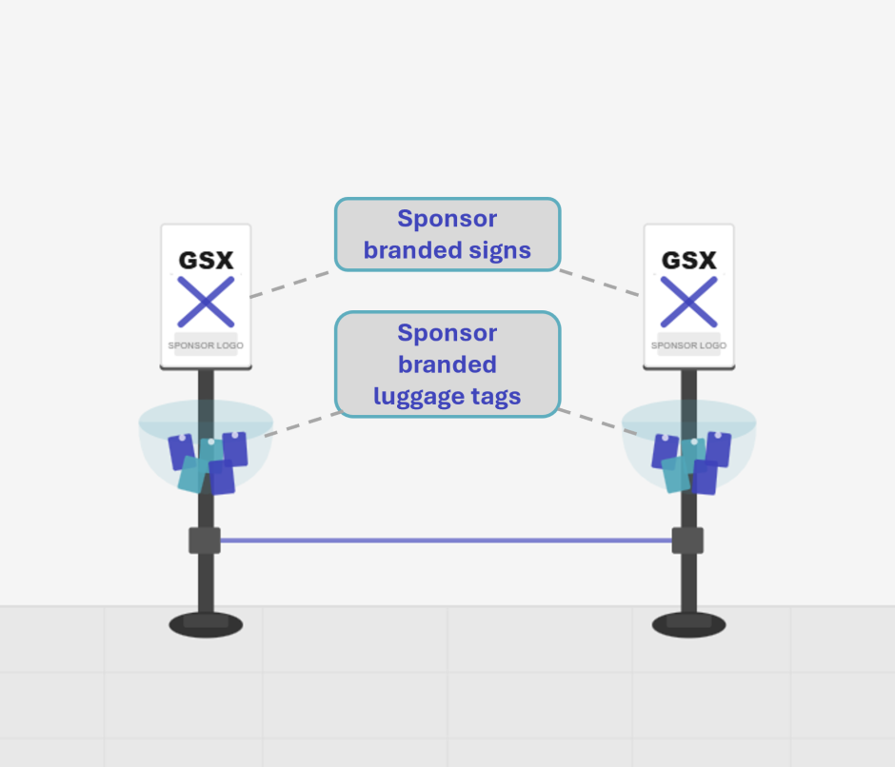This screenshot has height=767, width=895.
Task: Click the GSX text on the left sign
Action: click(x=206, y=260)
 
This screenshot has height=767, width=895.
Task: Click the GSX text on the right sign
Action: click(x=688, y=260)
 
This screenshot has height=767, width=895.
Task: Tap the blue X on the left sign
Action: click(x=206, y=302)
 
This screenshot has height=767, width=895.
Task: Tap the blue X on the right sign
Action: click(x=688, y=302)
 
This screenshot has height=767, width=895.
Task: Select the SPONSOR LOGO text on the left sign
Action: click(x=206, y=345)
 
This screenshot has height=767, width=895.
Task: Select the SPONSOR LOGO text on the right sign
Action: click(x=688, y=345)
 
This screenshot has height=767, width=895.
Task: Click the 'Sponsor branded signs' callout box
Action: click(x=447, y=234)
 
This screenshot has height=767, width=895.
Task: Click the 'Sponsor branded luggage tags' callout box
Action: click(x=447, y=364)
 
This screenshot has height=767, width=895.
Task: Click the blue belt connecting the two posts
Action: click(x=446, y=541)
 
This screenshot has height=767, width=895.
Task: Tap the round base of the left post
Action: click(x=206, y=624)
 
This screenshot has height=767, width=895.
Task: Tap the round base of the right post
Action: click(x=688, y=624)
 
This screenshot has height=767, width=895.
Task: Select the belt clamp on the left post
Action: click(x=205, y=541)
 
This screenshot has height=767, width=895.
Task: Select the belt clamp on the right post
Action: click(x=687, y=541)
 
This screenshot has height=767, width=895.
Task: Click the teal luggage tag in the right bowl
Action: click(x=677, y=473)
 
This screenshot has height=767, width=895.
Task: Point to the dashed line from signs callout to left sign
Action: click(x=290, y=284)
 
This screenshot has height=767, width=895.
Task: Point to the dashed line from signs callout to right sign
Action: click(x=600, y=283)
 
